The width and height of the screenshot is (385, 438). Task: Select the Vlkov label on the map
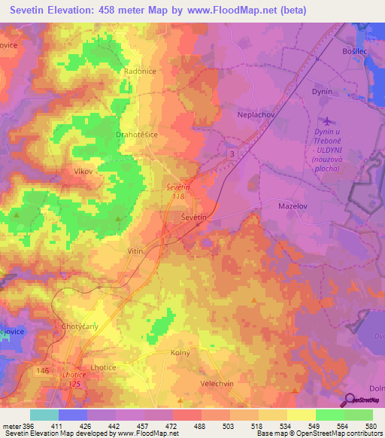click(x=82, y=172)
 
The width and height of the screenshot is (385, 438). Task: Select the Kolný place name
click(x=180, y=352)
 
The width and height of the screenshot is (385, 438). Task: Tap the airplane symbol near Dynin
click(x=326, y=121)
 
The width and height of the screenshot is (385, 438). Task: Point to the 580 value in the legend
click(x=368, y=425)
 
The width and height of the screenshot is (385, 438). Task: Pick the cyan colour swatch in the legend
click(x=44, y=415)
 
